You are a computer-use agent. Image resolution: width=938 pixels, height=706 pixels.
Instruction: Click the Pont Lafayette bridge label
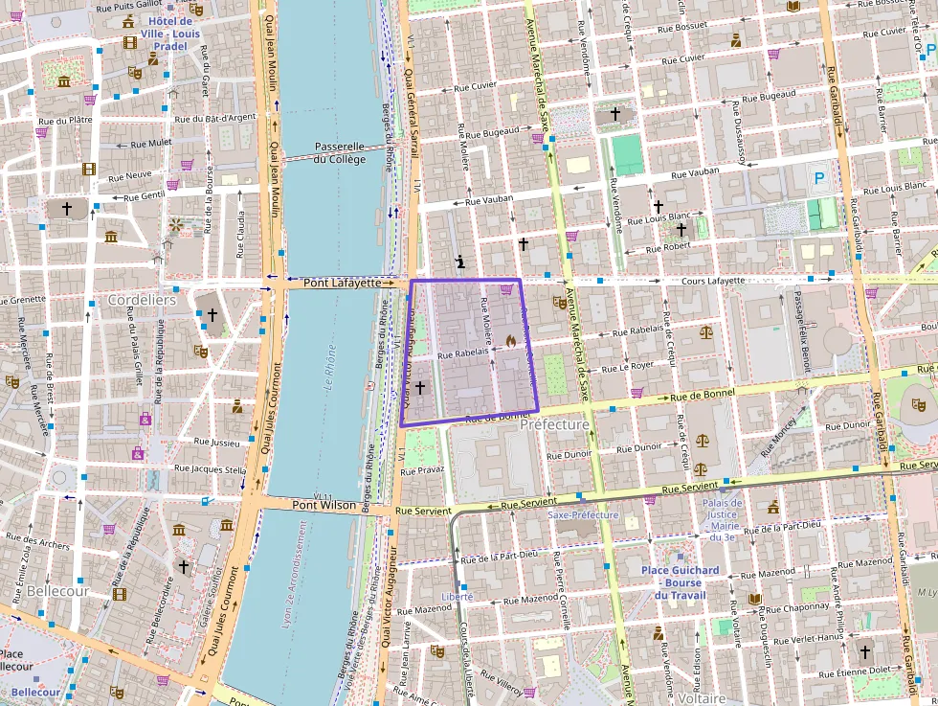point(342,284)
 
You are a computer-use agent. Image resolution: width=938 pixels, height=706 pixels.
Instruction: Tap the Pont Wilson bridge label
point(324,505)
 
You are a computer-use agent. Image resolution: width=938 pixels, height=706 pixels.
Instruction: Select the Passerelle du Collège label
point(340,153)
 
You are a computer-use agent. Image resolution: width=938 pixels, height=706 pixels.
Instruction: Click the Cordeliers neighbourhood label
point(142,300)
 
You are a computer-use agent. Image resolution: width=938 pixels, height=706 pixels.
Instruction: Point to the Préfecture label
point(554,423)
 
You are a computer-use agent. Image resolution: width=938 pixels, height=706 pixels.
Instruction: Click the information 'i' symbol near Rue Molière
point(460,261)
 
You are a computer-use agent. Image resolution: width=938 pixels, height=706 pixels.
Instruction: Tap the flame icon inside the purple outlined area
point(511,340)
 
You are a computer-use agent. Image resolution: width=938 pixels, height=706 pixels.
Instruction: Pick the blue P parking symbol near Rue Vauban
point(818,177)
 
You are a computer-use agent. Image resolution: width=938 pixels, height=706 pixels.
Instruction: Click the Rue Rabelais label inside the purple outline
point(462,353)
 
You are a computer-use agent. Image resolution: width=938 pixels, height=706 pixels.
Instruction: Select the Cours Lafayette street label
point(712,281)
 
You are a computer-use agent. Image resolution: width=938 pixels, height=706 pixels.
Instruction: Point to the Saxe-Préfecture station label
point(584,514)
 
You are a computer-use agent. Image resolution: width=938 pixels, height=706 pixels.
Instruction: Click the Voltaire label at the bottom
point(701,698)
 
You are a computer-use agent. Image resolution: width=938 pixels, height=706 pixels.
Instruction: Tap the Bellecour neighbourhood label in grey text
point(57,591)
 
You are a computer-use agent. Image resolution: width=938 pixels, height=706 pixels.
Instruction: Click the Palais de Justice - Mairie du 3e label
point(722,520)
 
